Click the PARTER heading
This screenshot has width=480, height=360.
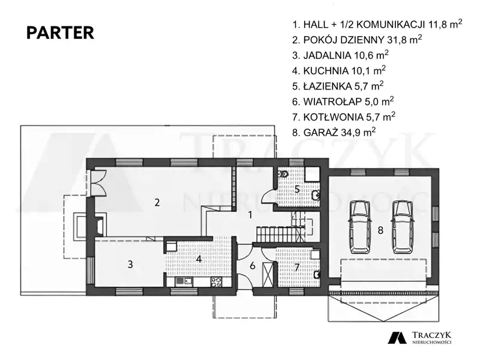tap(61, 33)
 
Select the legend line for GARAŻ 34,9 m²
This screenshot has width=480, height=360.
tap(334, 132)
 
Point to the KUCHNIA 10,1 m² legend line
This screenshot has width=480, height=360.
tap(339, 70)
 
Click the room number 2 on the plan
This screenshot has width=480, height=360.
tap(157, 202)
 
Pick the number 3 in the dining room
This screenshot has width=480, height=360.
tap(130, 264)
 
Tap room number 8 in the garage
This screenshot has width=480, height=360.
tap(380, 230)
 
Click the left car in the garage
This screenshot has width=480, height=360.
tap(359, 227)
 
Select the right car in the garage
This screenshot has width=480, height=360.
tap(403, 227)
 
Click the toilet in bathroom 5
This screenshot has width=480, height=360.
tap(283, 174)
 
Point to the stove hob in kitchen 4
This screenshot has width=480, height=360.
tap(216, 282)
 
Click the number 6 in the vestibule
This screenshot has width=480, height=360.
tap(252, 265)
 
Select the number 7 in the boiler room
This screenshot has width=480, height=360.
tap(296, 267)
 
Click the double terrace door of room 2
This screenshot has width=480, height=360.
tap(98, 182)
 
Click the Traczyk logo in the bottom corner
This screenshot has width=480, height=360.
tap(419, 337)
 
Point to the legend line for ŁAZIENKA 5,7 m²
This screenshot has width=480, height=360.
tap(338, 86)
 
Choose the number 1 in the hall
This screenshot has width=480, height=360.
tap(250, 215)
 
